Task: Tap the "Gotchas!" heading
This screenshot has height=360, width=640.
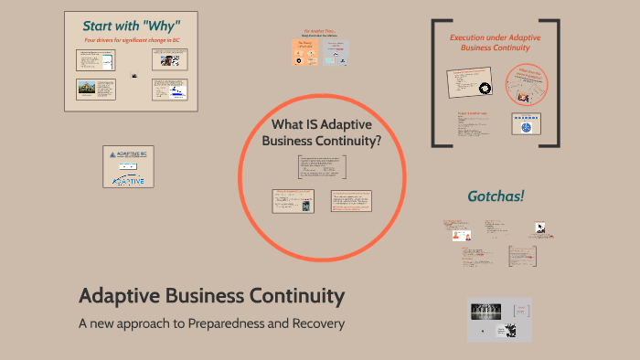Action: pyautogui.click(x=496, y=196)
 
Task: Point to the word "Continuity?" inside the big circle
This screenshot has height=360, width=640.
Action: pyautogui.click(x=349, y=141)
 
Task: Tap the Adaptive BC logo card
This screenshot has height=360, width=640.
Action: pyautogui.click(x=128, y=166)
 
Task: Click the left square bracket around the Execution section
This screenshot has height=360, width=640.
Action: pyautogui.click(x=436, y=82)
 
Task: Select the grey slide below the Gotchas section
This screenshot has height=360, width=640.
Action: pyautogui.click(x=499, y=320)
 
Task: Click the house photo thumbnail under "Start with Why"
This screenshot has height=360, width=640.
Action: pyautogui.click(x=90, y=90)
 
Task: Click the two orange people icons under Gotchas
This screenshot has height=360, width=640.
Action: pyautogui.click(x=457, y=236)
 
